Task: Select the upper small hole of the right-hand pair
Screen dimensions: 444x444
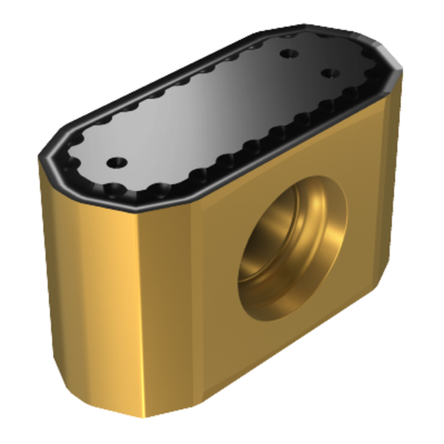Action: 287,54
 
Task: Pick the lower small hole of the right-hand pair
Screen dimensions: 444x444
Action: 328,73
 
